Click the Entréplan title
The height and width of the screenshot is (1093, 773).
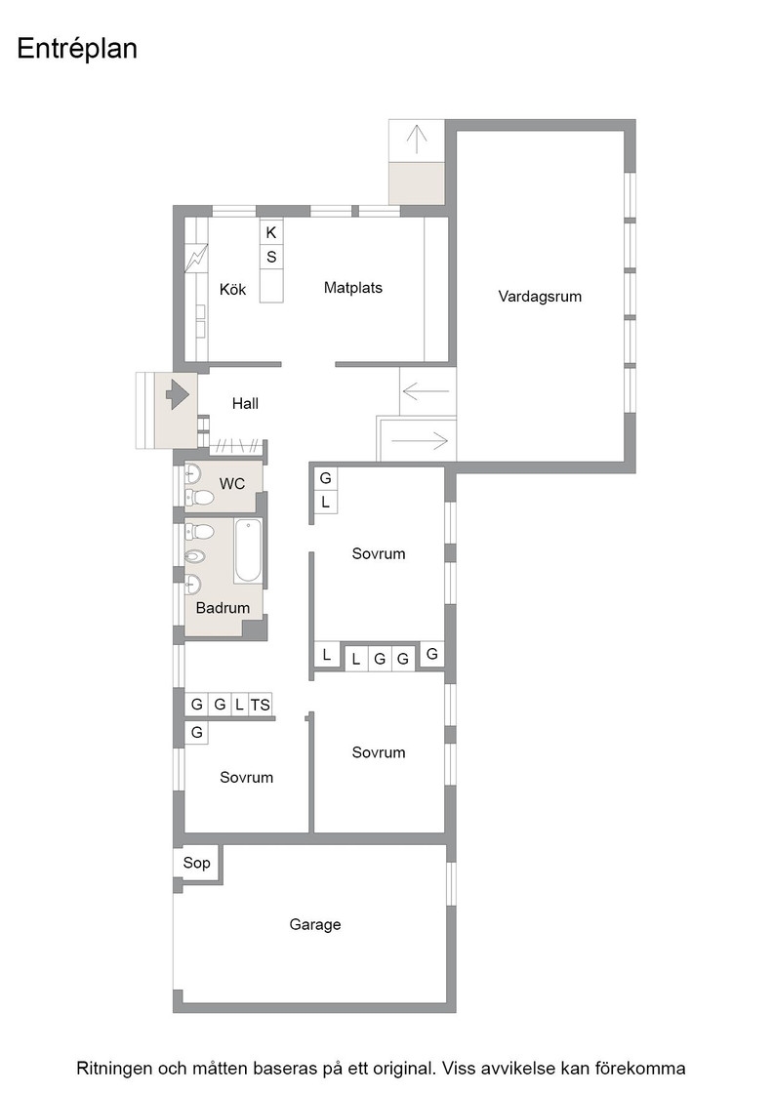click(x=77, y=50)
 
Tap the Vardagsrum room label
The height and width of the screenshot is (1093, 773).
click(x=540, y=297)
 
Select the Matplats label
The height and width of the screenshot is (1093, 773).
click(x=352, y=287)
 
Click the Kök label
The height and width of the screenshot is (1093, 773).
click(x=232, y=289)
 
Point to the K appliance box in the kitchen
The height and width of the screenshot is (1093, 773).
click(x=271, y=232)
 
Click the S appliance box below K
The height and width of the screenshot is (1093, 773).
click(x=271, y=257)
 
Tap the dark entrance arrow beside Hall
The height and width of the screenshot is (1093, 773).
click(x=178, y=394)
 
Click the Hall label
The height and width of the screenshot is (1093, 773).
click(x=245, y=403)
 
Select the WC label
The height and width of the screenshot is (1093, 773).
click(x=232, y=483)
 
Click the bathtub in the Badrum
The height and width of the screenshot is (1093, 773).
click(x=248, y=550)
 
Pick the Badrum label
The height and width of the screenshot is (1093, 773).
click(x=223, y=608)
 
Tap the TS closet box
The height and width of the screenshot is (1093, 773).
click(x=260, y=705)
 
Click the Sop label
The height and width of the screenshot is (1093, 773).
click(x=196, y=863)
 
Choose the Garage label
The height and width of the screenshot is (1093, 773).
click(x=315, y=924)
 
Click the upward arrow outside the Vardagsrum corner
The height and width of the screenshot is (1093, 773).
click(x=416, y=139)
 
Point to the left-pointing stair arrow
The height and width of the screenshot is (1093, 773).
click(x=426, y=391)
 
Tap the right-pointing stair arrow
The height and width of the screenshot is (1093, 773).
click(x=420, y=440)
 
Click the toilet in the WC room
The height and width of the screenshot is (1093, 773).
click(x=199, y=497)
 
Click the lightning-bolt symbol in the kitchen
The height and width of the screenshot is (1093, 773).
click(x=196, y=258)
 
